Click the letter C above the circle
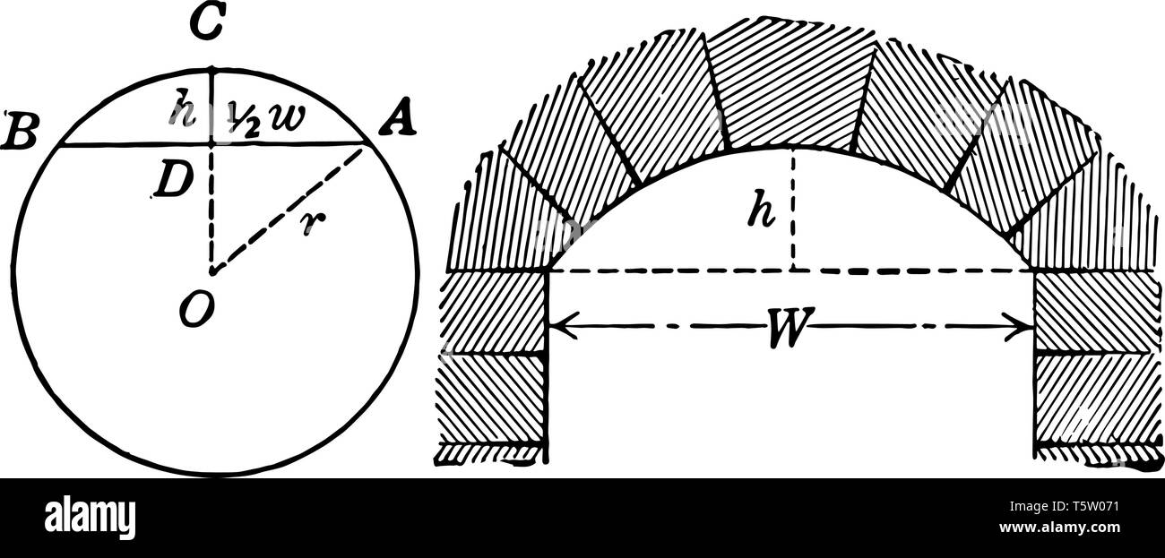(210, 28)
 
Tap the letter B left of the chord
(18, 130)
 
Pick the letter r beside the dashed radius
(309, 223)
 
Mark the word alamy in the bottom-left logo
(90, 518)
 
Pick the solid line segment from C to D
(211, 105)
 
